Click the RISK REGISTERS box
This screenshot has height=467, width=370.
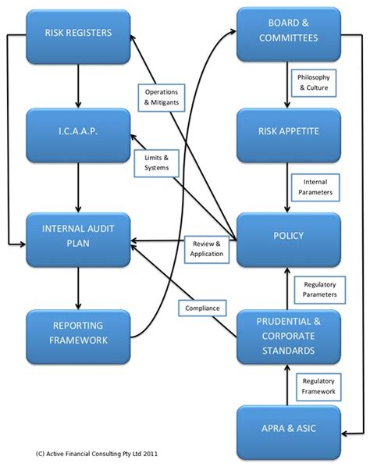click(78, 34)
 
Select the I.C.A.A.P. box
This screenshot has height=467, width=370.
click(78, 134)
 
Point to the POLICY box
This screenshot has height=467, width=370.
click(288, 234)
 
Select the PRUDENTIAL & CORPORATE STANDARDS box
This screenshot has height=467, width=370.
click(288, 334)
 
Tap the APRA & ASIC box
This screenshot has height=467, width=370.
click(288, 427)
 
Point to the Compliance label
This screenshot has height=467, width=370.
click(202, 308)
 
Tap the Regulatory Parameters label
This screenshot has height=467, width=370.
click(319, 289)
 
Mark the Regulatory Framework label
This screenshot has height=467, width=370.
click(319, 385)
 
